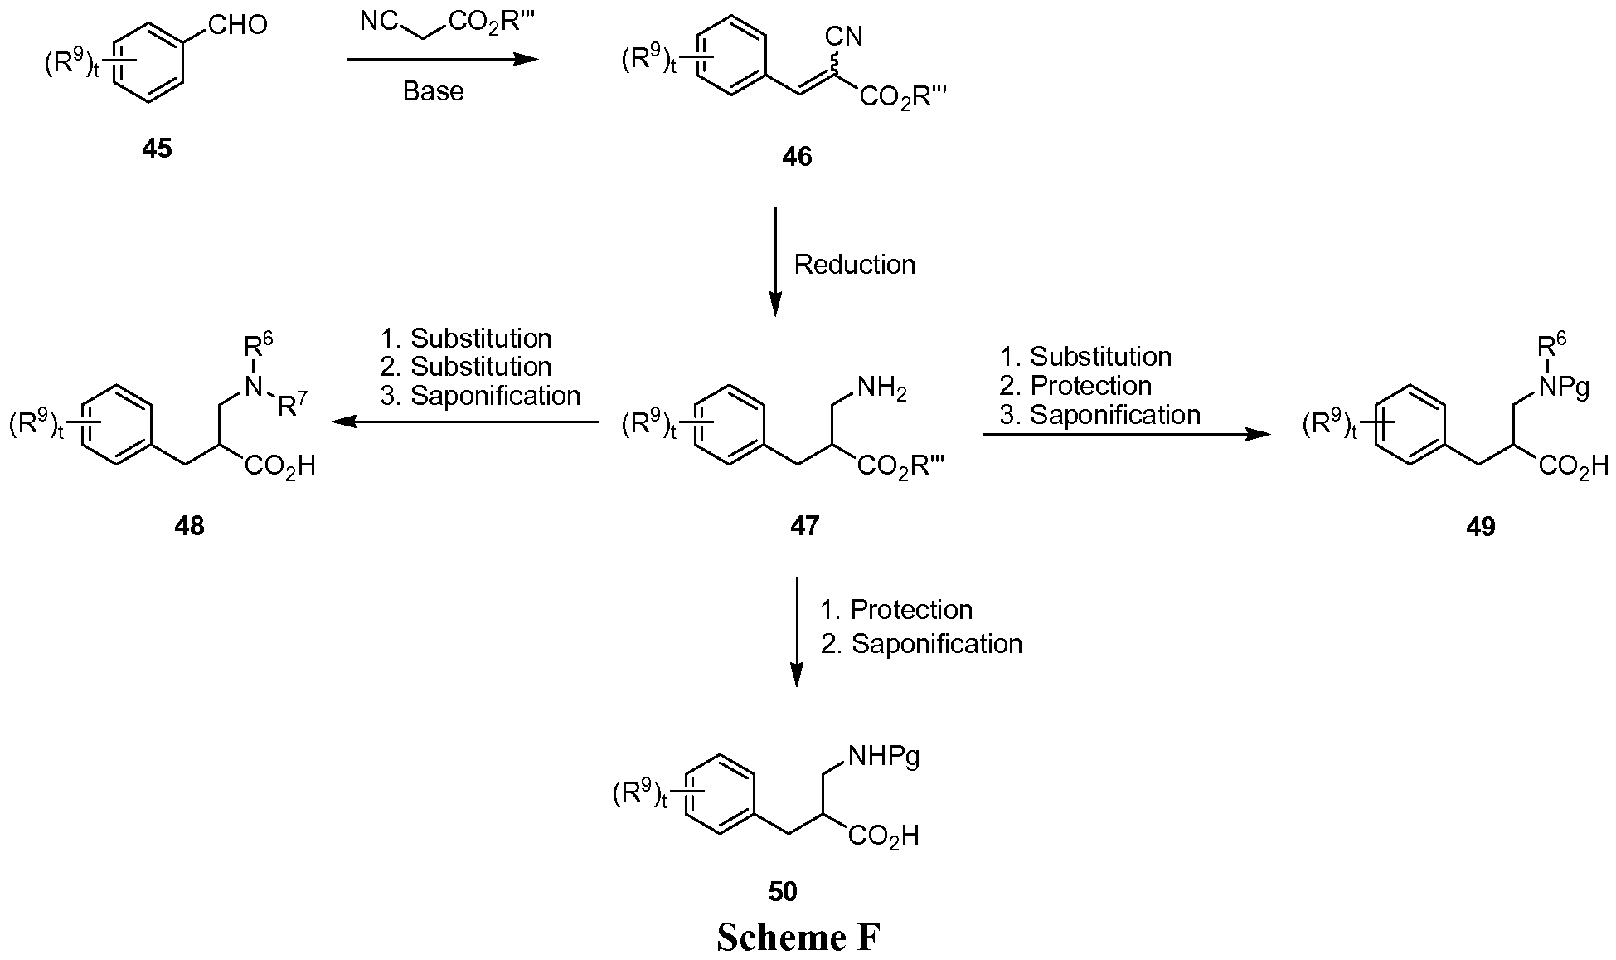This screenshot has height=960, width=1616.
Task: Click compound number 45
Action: coord(157,149)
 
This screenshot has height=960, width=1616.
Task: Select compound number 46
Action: coord(797,156)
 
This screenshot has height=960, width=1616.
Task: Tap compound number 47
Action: coord(805,524)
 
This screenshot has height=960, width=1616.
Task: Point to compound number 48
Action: coord(189,524)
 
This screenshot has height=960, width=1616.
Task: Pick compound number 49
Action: coord(1481,526)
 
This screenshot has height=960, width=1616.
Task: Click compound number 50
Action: coord(783,891)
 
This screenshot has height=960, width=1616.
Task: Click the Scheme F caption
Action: coord(798,937)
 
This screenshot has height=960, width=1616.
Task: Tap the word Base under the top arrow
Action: coord(433,90)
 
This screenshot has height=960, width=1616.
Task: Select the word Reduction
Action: coord(855,265)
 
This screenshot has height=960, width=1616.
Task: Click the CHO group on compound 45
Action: coord(238,25)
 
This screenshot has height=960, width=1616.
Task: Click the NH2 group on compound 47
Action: coord(882,387)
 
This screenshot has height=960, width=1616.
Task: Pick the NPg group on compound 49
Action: coord(1564,387)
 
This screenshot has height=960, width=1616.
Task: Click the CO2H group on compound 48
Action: coord(280,465)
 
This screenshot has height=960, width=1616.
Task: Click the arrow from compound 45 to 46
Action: coord(442,59)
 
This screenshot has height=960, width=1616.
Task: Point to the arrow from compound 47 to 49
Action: coord(1126,434)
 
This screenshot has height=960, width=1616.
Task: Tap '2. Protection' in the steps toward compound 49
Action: coord(1076,386)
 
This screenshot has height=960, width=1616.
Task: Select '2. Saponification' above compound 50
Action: coord(921,644)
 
